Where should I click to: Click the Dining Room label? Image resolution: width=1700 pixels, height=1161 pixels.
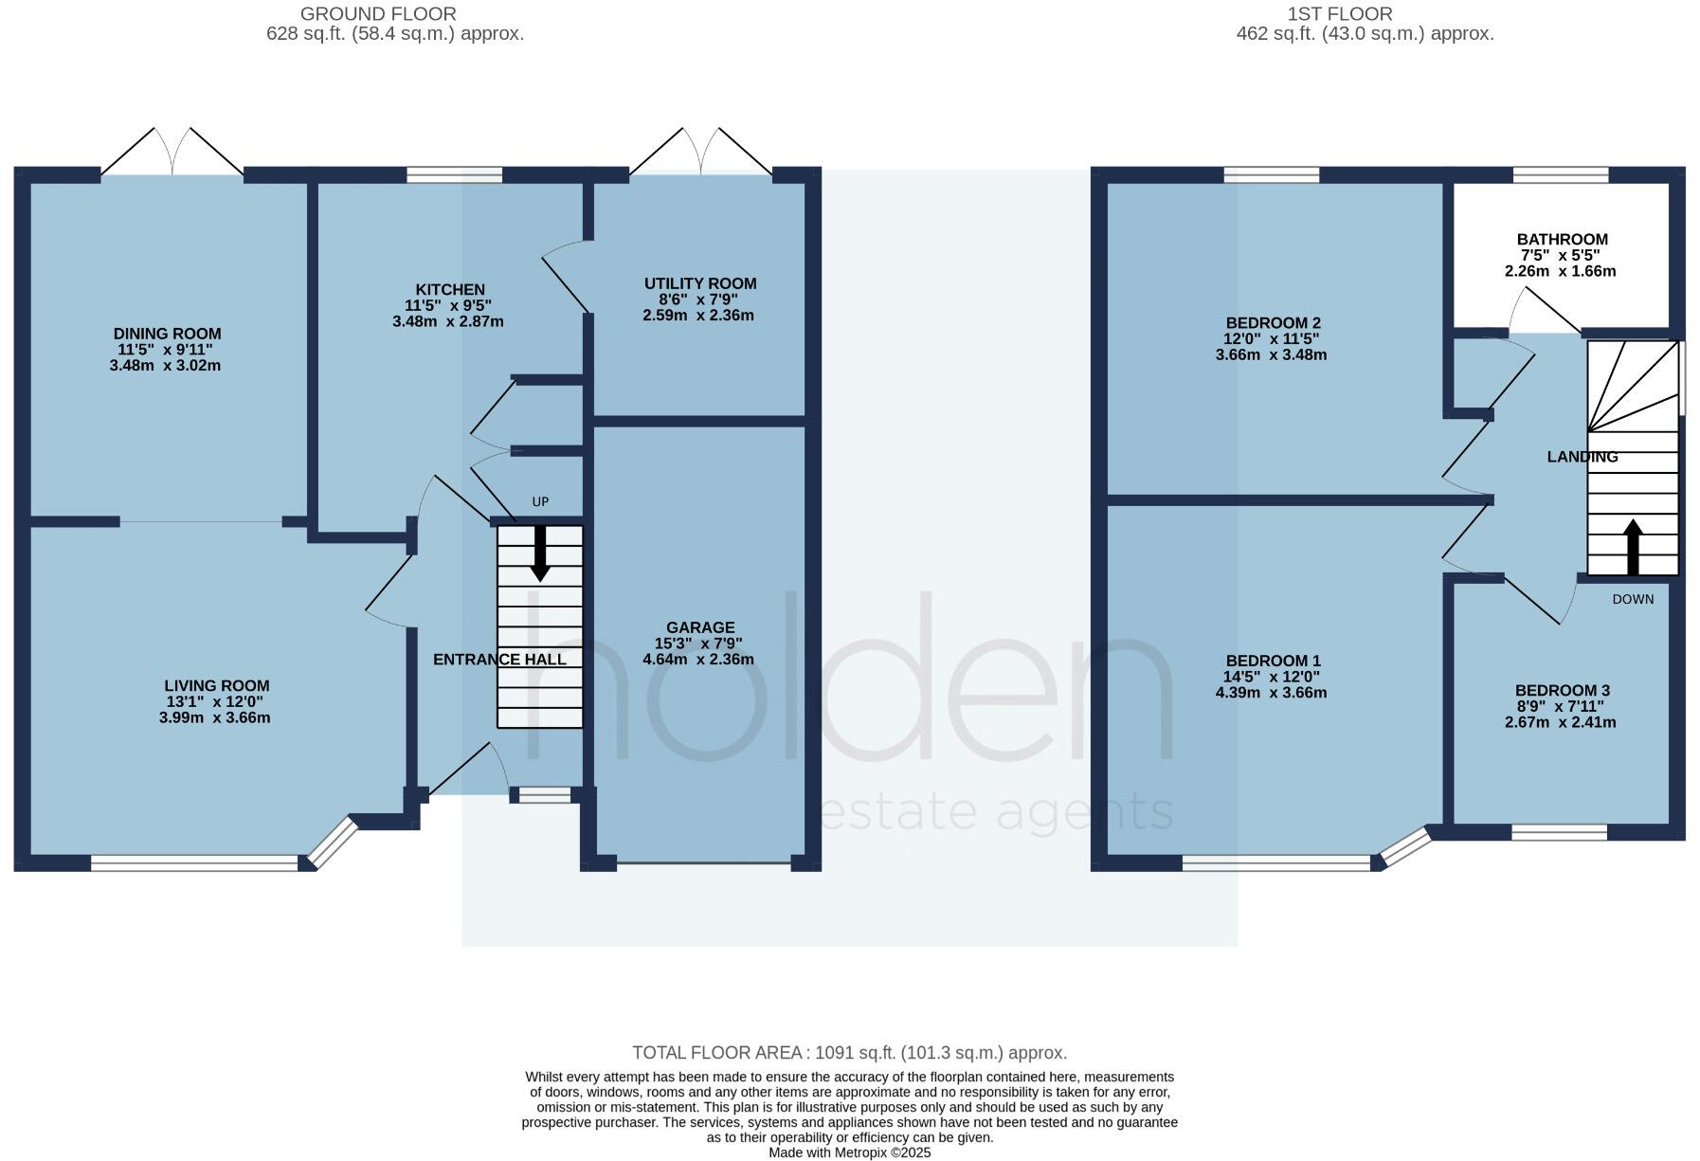[167, 334]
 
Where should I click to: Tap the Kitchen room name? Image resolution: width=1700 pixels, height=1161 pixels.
[450, 290]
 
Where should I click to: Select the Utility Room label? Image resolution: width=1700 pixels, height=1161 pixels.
[700, 283]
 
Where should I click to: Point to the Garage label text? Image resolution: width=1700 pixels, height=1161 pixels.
[700, 627]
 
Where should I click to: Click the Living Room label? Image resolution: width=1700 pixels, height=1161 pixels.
[217, 686]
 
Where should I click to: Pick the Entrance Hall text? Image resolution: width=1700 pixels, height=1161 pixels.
[499, 660]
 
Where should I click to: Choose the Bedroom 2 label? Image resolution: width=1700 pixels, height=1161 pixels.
[1273, 323]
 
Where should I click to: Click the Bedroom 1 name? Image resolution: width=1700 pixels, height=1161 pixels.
[1273, 662]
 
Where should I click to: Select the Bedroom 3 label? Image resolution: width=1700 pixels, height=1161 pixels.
[1562, 691]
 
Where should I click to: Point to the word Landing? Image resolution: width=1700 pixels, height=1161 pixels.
[1582, 457]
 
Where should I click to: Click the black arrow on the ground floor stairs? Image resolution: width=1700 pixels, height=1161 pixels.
[540, 553]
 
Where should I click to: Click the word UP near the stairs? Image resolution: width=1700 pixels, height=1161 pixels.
[540, 502]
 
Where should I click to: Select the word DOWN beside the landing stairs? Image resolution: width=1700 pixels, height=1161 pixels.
[1633, 599]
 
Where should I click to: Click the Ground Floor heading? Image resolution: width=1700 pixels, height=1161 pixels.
[378, 14]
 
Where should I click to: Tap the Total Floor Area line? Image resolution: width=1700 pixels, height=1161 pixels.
[849, 1053]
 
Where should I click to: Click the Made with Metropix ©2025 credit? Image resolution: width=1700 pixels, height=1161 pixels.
[849, 1153]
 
